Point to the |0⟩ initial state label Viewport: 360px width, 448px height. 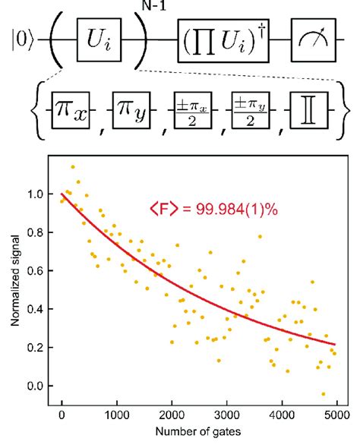[x=21, y=36]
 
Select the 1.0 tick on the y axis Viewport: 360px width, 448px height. [x=34, y=194]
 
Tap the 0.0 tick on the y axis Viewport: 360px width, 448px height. [x=34, y=386]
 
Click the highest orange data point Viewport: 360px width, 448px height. [x=73, y=167]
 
